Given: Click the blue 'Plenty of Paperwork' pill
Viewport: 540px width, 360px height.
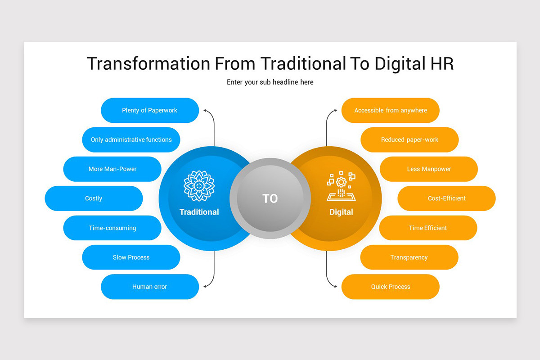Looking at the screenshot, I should click(150, 110).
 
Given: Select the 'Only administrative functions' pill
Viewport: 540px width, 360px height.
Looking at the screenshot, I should click(131, 139).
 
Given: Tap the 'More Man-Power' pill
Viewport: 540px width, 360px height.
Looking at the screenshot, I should click(112, 169).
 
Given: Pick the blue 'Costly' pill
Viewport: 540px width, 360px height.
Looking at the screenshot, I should click(94, 198).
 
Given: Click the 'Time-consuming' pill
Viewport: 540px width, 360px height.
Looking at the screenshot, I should click(112, 228).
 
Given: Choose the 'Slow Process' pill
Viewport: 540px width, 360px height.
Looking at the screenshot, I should click(131, 257).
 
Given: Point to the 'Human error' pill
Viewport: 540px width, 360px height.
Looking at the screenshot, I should click(150, 287).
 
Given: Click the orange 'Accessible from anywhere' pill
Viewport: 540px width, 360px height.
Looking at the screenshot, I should click(391, 110).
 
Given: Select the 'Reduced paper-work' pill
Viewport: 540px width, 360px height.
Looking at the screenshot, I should click(409, 139).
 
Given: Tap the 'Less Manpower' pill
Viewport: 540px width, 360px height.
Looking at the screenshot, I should click(429, 169).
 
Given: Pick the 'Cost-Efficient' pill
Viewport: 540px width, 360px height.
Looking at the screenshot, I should click(446, 198).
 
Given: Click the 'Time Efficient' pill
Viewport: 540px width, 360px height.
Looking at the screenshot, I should click(428, 228).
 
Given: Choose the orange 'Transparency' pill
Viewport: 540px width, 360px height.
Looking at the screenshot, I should click(409, 257).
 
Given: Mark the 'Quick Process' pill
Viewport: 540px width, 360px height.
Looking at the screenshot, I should click(391, 287).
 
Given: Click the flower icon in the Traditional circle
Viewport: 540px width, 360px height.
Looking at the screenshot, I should click(199, 186).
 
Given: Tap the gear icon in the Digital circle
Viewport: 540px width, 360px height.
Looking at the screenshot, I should click(341, 182).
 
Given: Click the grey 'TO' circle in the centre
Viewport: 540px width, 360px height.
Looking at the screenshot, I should click(270, 198).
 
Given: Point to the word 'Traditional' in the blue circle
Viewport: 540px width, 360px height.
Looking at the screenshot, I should click(199, 212).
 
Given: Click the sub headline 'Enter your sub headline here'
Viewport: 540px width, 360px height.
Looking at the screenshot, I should click(270, 82).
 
